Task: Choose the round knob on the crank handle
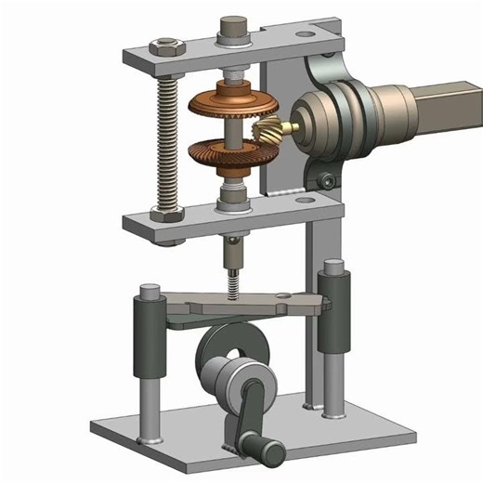point(270,452)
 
